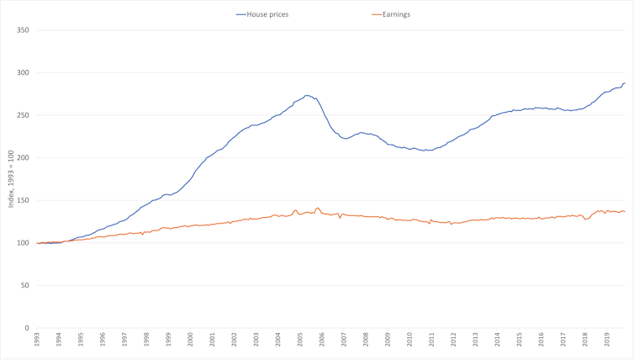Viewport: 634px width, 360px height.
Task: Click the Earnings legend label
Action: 396,14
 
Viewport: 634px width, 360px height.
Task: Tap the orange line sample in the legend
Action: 376,14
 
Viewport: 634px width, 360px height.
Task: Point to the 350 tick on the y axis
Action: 23,30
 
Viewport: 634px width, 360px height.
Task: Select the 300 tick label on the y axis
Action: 23,73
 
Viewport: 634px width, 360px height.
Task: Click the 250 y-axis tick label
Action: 23,115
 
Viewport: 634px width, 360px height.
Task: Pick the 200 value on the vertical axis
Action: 23,158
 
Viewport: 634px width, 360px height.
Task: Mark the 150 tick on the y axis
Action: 23,201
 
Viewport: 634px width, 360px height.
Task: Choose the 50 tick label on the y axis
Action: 24,286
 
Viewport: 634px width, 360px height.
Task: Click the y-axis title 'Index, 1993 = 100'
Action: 11,179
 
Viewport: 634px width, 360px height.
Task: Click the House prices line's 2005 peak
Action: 308,95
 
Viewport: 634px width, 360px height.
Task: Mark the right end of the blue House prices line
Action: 625,82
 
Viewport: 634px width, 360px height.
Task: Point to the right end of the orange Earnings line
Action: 625,211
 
